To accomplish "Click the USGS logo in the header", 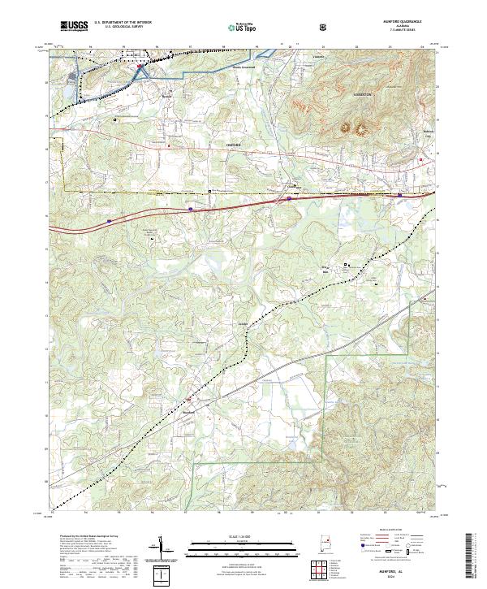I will pyautogui.click(x=74, y=25).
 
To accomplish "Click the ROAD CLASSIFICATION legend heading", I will pyautogui.click(x=390, y=528).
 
